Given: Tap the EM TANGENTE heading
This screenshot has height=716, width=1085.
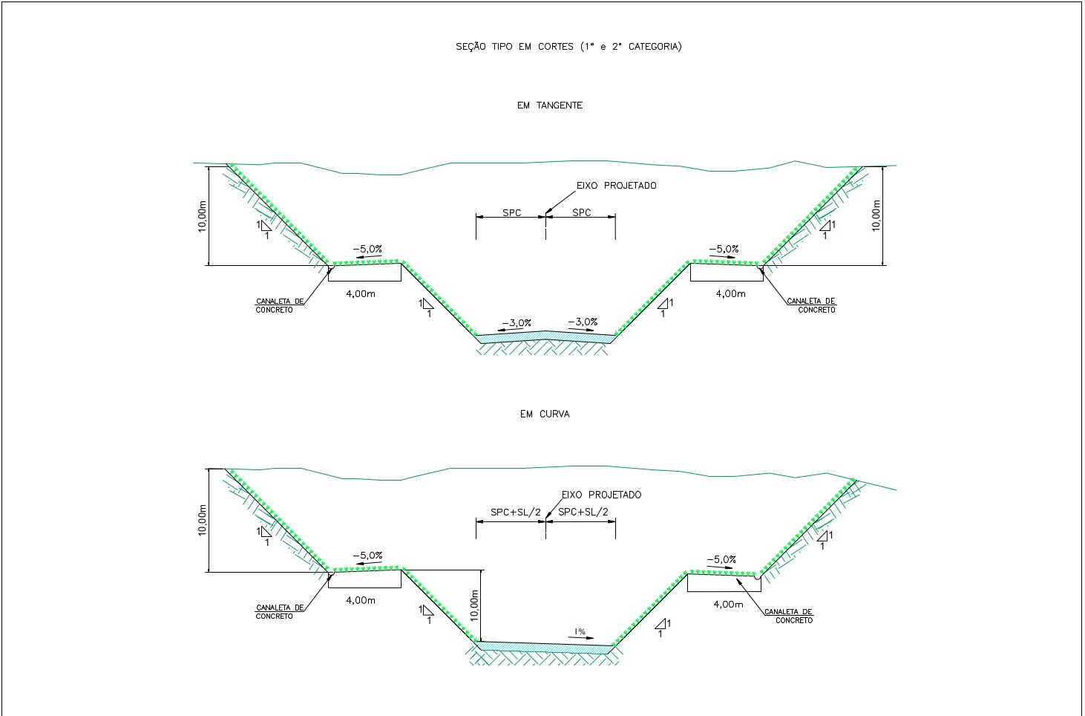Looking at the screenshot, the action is (550, 105).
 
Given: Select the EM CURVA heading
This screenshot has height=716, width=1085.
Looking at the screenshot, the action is (545, 414).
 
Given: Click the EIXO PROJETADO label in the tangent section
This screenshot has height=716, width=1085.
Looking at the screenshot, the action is (616, 186).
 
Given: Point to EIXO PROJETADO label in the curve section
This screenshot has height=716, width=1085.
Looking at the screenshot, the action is (601, 495).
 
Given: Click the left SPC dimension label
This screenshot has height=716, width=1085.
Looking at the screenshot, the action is (511, 213).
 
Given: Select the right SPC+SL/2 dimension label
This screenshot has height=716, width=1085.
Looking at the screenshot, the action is (583, 512).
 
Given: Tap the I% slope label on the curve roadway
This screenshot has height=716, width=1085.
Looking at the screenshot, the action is (580, 631).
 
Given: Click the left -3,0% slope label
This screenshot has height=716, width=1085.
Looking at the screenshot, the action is (517, 323).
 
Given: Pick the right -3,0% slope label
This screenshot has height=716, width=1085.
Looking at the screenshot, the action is (583, 322).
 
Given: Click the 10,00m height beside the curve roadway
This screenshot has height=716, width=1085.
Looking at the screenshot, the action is (474, 605).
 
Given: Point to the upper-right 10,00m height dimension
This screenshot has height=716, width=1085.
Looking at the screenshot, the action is (876, 215).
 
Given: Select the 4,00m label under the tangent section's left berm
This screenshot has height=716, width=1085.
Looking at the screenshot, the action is (361, 294).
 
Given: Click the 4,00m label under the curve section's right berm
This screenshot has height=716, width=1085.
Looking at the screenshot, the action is (728, 605).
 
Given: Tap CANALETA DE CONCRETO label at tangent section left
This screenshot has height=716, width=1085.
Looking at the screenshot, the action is (280, 306).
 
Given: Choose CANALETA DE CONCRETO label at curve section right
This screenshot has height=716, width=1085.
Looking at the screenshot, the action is (789, 616).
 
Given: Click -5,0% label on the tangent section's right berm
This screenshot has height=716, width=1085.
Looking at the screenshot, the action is (724, 249).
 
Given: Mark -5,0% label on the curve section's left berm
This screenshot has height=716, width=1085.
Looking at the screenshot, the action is (367, 556).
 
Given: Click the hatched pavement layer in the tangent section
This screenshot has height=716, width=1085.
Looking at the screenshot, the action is (545, 337).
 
